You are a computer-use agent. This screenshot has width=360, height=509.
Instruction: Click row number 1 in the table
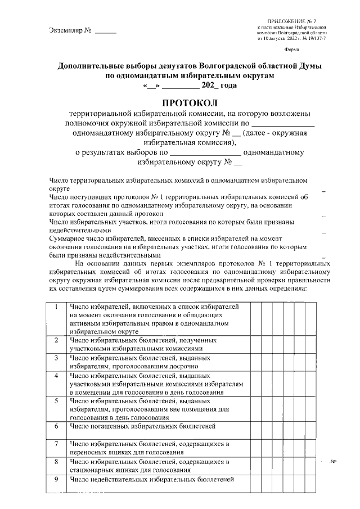coord(57,307)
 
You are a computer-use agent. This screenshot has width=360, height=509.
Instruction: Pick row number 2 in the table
coord(57,340)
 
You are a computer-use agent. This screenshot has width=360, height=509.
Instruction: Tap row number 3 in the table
coord(57,357)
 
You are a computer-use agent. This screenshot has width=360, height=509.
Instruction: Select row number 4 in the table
coord(57,375)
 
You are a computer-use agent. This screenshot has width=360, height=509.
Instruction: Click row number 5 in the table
coord(57,400)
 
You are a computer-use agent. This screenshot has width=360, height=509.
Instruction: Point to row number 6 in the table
coord(57,426)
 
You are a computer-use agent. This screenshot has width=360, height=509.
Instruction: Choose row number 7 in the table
coord(57,444)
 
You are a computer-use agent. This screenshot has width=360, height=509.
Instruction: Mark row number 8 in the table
coord(57,462)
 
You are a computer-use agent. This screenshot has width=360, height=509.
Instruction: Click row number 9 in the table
coord(57,479)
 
